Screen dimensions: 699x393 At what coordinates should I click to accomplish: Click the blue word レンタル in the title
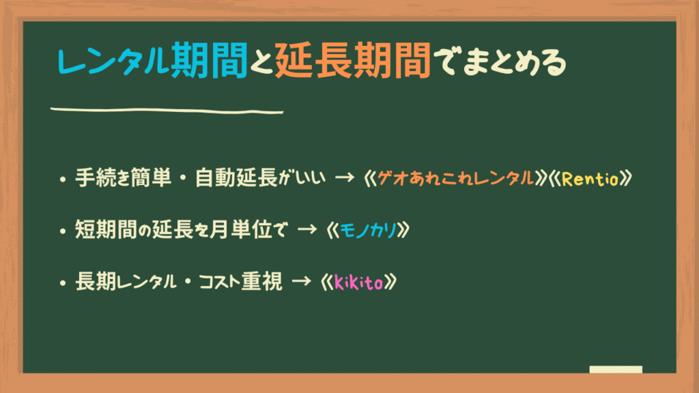point(113,61)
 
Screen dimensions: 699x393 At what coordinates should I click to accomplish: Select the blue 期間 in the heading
point(209,60)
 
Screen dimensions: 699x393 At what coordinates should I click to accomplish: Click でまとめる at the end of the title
point(500,61)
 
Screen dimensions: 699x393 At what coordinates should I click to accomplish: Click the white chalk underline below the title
point(167,110)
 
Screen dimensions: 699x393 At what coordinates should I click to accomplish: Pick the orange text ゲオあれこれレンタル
point(455,179)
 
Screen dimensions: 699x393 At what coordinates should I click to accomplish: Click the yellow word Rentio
point(590,179)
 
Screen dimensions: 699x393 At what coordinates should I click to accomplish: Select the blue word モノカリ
point(368,231)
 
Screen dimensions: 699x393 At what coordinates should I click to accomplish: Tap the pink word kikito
point(358,282)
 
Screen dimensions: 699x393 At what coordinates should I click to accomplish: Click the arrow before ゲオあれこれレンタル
point(344,178)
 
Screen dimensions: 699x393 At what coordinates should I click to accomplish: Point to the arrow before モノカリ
point(306,230)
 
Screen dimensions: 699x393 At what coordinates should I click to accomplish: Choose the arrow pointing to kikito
point(301,281)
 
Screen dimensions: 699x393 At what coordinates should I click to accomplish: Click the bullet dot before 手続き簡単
point(62,179)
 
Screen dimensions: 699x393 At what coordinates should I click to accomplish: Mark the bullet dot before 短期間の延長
point(62,231)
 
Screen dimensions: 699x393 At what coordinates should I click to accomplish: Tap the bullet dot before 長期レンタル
point(62,283)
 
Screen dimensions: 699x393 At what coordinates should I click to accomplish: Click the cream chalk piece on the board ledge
point(616,369)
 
